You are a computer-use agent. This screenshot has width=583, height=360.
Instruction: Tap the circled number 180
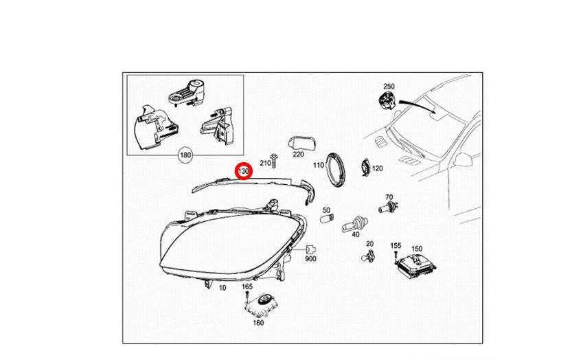coord(185,155)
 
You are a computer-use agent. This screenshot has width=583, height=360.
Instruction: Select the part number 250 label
coord(389,87)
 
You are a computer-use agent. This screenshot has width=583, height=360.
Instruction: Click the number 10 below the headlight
coord(222,287)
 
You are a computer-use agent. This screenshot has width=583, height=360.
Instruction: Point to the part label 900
coord(310,259)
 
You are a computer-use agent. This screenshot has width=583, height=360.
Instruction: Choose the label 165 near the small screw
coord(247,286)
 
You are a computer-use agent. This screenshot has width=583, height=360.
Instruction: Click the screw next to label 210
coord(275,161)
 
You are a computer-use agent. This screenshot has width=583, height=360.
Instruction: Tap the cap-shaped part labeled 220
coord(302,143)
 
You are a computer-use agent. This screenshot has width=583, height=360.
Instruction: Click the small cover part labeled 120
coord(365,168)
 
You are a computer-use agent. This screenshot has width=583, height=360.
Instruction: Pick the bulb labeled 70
coord(389,207)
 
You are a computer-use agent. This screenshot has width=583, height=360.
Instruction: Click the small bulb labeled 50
coord(326,218)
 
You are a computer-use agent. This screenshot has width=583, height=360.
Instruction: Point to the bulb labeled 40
coord(354,224)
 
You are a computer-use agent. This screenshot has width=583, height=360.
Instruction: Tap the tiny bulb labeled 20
coord(367,256)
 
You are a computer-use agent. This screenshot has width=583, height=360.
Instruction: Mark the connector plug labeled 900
coord(310,249)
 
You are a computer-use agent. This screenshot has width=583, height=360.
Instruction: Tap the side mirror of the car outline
coord(463,160)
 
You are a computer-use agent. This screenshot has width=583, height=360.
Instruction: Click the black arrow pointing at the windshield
coord(418,105)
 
